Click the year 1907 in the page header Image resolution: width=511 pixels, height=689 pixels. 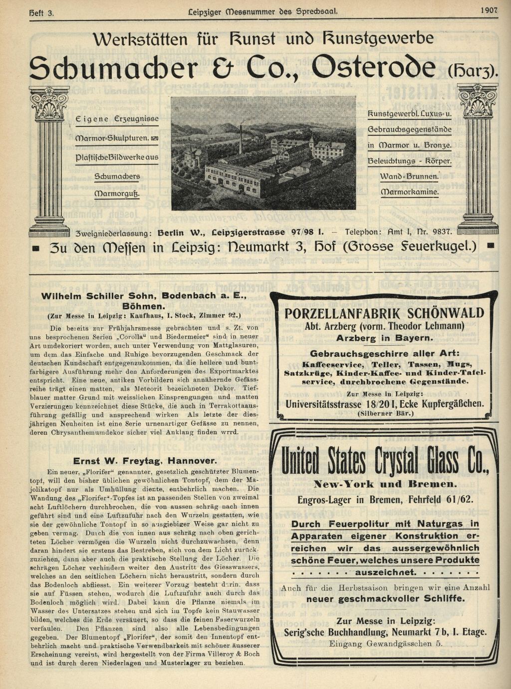pyautogui.click(x=489, y=9)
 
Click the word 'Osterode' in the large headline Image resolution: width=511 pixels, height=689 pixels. pyautogui.click(x=376, y=67)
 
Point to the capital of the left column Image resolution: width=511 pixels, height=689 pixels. pyautogui.click(x=49, y=102)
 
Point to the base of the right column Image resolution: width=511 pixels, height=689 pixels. pyautogui.click(x=478, y=229)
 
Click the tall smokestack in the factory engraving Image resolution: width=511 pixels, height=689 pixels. pyautogui.click(x=241, y=139)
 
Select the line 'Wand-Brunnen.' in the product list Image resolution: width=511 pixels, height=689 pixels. pyautogui.click(x=409, y=176)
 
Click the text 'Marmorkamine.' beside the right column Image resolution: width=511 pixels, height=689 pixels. pyautogui.click(x=410, y=192)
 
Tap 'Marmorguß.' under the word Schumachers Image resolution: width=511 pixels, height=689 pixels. pyautogui.click(x=117, y=193)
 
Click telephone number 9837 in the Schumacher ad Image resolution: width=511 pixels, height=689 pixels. pyautogui.click(x=442, y=232)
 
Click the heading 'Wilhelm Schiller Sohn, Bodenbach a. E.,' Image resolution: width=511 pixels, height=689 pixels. pyautogui.click(x=144, y=296)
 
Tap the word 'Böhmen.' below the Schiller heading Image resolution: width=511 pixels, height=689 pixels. pyautogui.click(x=143, y=306)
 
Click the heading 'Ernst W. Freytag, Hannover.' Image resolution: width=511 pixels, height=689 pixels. pyautogui.click(x=145, y=461)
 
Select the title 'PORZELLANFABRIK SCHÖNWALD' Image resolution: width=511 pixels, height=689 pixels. pyautogui.click(x=384, y=314)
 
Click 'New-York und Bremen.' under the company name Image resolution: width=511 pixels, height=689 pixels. pyautogui.click(x=384, y=484)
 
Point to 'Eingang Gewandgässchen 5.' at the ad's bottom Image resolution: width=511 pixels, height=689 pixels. pyautogui.click(x=385, y=644)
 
